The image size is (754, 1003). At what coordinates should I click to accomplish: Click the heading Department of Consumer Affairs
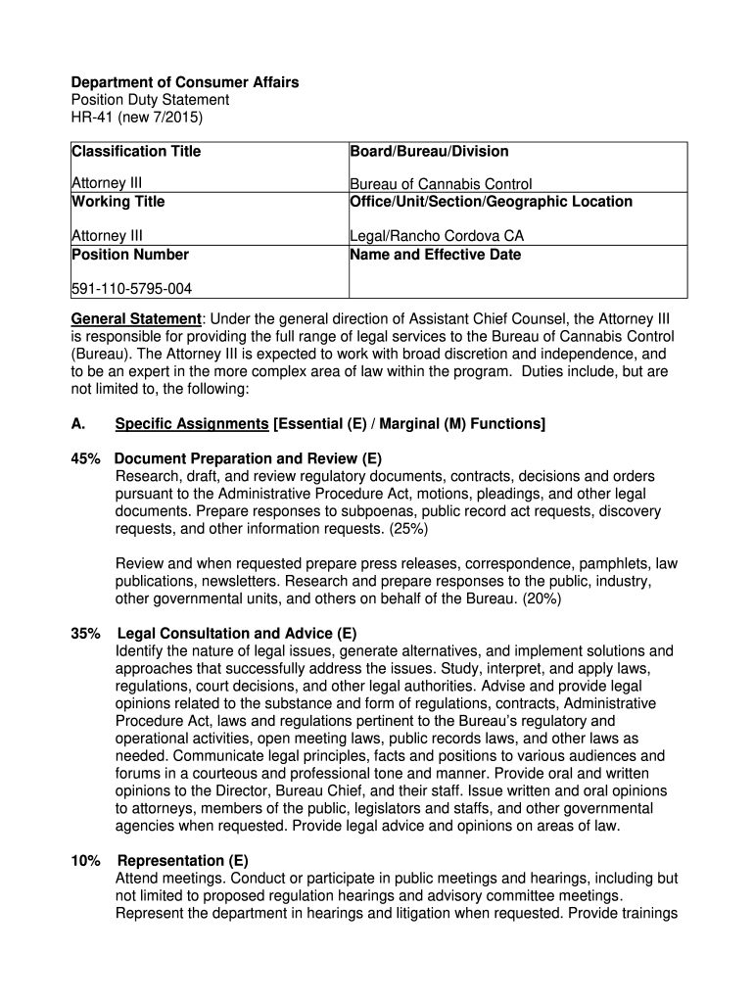click(x=185, y=83)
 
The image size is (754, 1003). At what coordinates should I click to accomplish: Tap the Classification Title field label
click(x=136, y=151)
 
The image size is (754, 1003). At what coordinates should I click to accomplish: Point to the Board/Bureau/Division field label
click(x=429, y=151)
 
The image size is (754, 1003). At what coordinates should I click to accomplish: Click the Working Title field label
click(x=118, y=202)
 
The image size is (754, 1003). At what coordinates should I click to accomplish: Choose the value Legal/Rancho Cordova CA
click(x=436, y=237)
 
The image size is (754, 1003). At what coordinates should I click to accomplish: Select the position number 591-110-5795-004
click(x=132, y=289)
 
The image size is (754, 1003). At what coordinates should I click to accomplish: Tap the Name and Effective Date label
click(x=435, y=255)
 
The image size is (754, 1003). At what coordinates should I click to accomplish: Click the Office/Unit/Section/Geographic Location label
click(x=491, y=202)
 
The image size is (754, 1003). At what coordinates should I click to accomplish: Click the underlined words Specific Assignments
click(x=192, y=424)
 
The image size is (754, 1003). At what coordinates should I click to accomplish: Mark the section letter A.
click(x=77, y=424)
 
